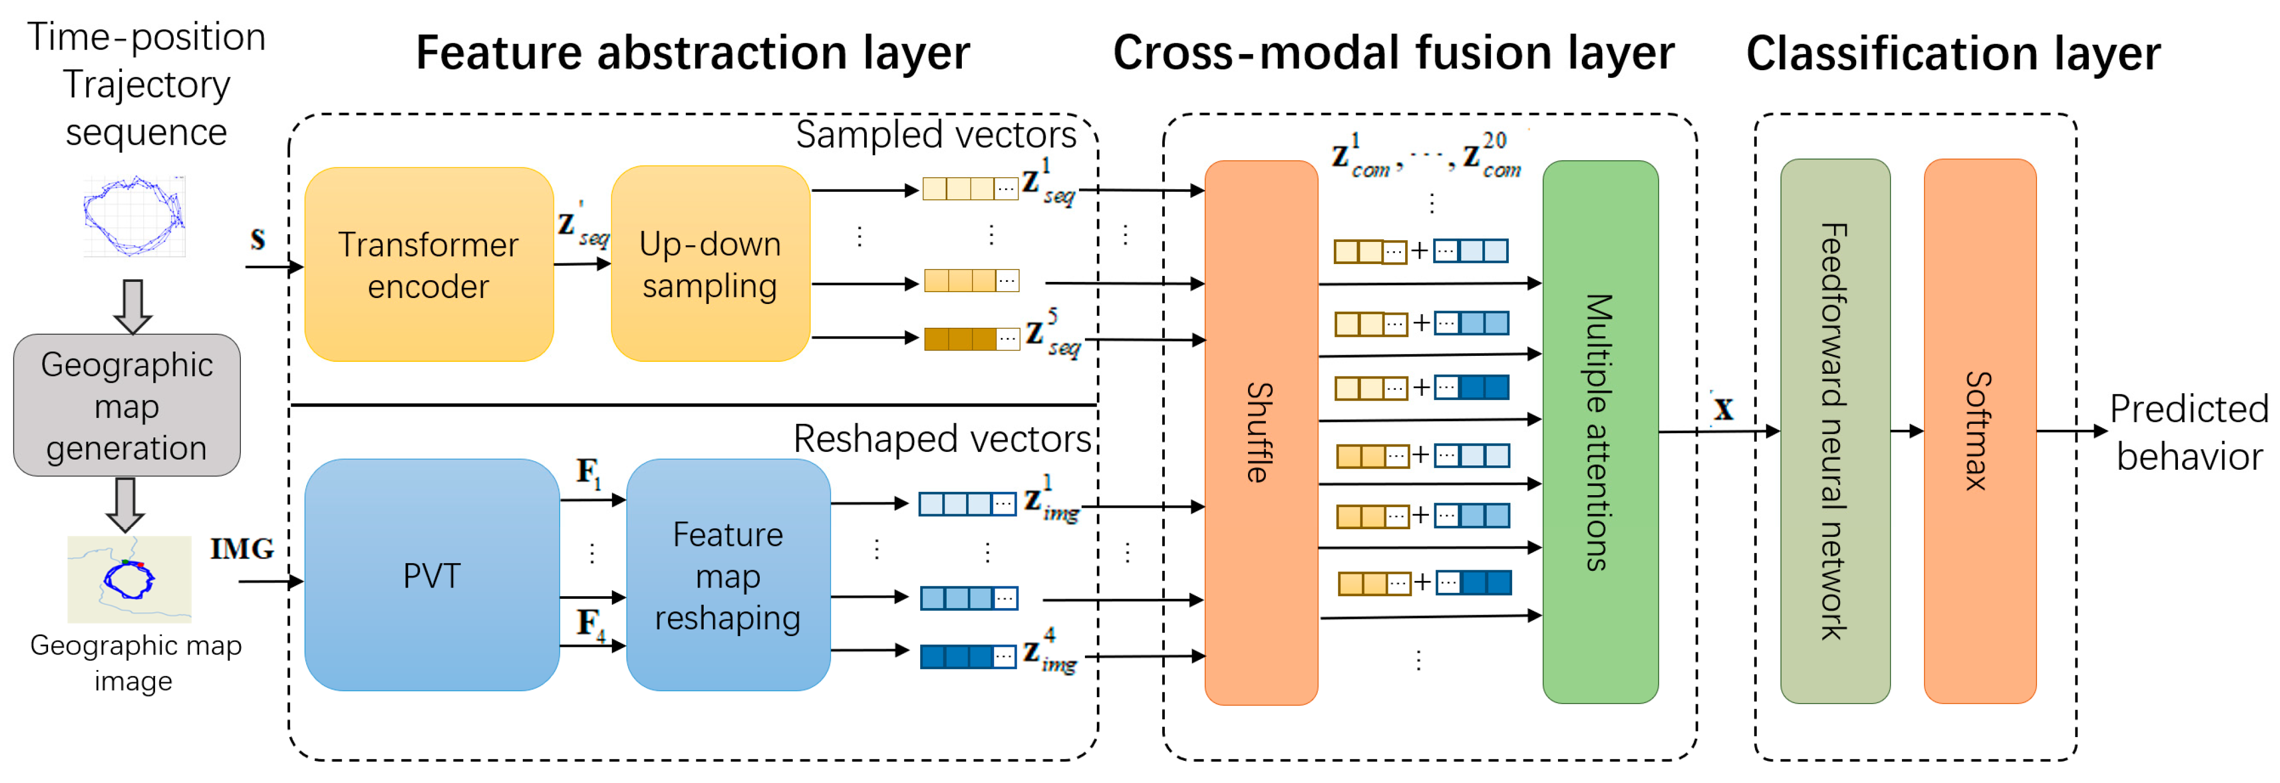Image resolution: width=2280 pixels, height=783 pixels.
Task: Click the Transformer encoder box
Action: coord(428,265)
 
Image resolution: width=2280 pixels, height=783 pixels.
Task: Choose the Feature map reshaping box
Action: coord(727,575)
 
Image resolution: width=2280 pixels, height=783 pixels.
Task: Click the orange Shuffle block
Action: coord(1260,432)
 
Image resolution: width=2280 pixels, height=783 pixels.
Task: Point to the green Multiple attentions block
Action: coord(1600,432)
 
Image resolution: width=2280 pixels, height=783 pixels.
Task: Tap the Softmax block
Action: coord(1979,432)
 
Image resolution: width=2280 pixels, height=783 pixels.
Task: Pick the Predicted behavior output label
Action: coord(2189,433)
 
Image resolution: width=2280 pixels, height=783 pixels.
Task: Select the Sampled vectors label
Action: coord(935,134)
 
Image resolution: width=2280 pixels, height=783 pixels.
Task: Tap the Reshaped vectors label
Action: coord(942,439)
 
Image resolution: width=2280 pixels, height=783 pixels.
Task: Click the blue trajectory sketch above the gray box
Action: coord(133,216)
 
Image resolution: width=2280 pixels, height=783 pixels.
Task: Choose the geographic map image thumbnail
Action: coord(129,579)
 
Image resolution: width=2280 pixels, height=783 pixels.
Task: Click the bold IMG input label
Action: coord(241,549)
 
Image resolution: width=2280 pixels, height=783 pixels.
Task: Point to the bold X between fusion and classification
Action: coord(1722,409)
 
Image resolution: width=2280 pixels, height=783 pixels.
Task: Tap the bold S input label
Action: coord(258,239)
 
